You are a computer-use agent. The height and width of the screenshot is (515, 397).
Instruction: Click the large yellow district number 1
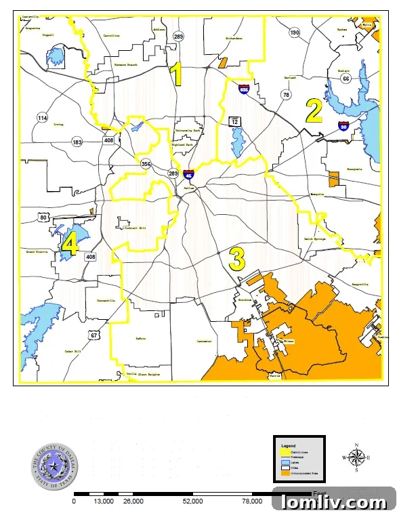click(x=176, y=75)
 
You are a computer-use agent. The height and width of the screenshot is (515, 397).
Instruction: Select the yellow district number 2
click(x=313, y=111)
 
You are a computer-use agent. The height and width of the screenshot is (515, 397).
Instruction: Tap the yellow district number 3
click(x=236, y=258)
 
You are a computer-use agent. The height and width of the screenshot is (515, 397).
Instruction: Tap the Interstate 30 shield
click(x=344, y=125)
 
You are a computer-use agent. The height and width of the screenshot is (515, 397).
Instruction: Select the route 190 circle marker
click(x=294, y=33)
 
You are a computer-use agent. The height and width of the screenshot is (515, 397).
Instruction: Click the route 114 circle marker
click(x=43, y=119)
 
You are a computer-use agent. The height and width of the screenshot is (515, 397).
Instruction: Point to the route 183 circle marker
click(x=77, y=142)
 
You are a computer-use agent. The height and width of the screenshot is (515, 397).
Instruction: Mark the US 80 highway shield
click(x=44, y=218)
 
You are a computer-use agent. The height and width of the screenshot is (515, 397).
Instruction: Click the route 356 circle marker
click(x=146, y=164)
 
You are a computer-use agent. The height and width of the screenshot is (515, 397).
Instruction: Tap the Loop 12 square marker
click(x=235, y=120)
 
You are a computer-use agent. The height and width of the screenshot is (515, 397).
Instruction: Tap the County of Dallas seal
click(x=49, y=466)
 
